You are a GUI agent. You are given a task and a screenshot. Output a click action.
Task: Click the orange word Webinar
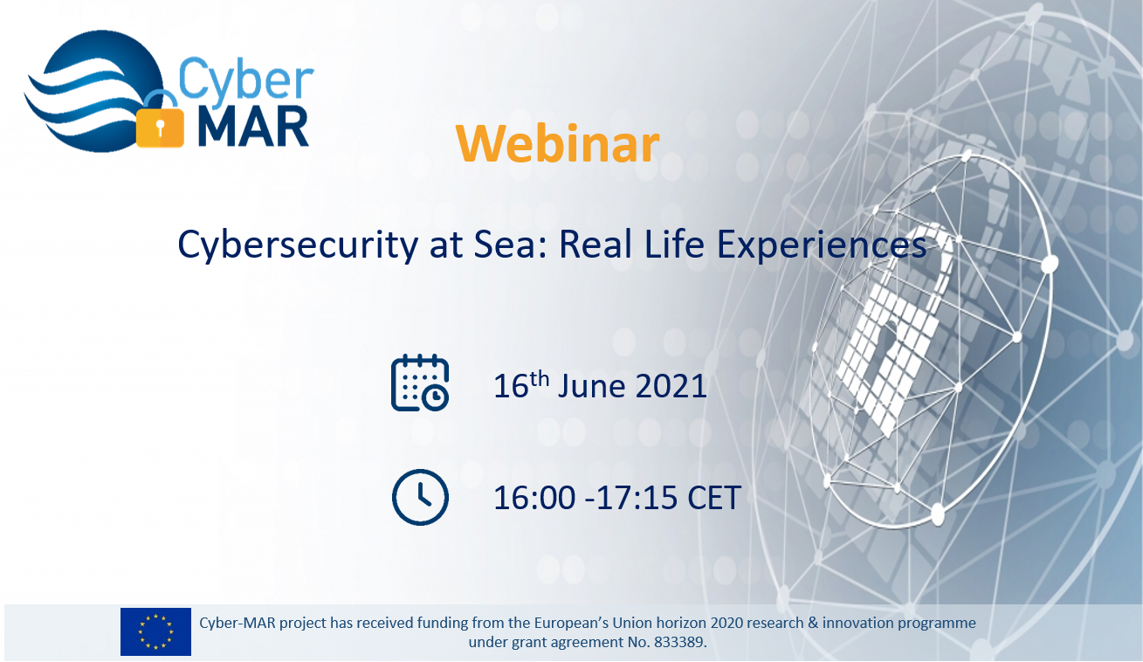[x=558, y=144]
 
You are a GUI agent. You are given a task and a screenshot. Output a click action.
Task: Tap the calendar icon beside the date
[x=420, y=383]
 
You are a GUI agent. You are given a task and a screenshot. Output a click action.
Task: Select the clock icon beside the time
[x=420, y=497]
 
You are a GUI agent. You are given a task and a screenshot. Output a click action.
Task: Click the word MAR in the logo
[x=253, y=128]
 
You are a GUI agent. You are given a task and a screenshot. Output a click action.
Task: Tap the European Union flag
[x=155, y=631]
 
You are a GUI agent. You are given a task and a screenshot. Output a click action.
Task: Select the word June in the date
[x=591, y=386]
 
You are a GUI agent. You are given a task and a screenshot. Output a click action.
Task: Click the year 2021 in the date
[x=671, y=386]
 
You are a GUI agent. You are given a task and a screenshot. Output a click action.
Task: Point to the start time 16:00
[x=534, y=498]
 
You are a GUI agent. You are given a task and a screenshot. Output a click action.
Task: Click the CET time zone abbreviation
[x=714, y=498]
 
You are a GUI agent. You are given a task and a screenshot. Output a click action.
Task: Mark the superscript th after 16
[x=540, y=379]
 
